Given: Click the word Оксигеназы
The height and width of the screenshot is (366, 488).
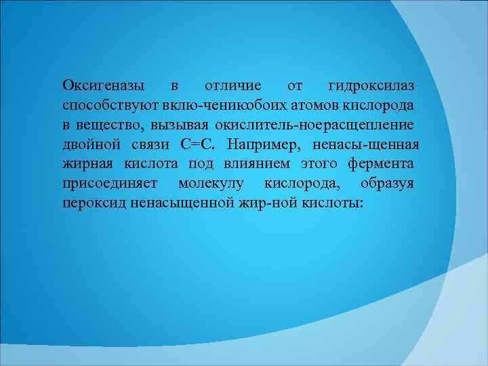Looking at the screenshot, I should [x=103, y=87].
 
